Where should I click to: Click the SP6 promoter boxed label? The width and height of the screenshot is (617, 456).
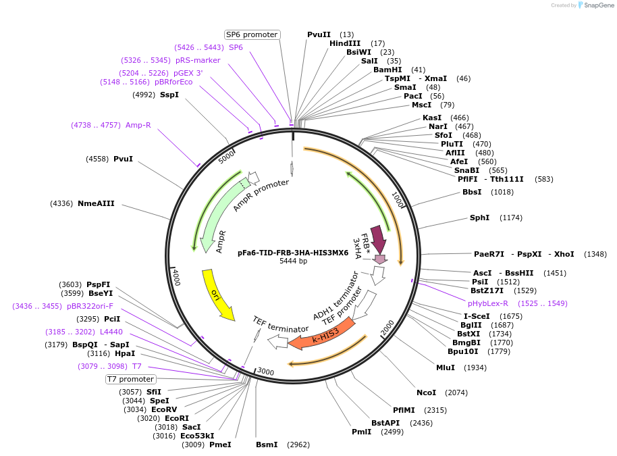pos(252,34)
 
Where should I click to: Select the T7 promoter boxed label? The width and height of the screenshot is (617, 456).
pos(131,380)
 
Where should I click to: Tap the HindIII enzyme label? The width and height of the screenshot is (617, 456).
pos(345,43)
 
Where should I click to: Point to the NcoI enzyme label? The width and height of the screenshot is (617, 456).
pos(426,392)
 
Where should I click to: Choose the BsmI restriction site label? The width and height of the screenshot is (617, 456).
pos(267,445)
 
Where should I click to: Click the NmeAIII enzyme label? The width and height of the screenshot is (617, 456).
pos(96,203)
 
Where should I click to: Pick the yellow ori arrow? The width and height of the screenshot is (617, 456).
pos(217,295)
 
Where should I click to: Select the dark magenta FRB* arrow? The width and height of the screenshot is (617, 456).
pos(377,238)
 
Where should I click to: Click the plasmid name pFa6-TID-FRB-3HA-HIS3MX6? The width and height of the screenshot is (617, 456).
pos(293,253)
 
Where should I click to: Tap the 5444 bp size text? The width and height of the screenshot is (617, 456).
pos(293,261)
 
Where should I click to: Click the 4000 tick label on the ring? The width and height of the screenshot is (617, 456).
pos(176,276)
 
